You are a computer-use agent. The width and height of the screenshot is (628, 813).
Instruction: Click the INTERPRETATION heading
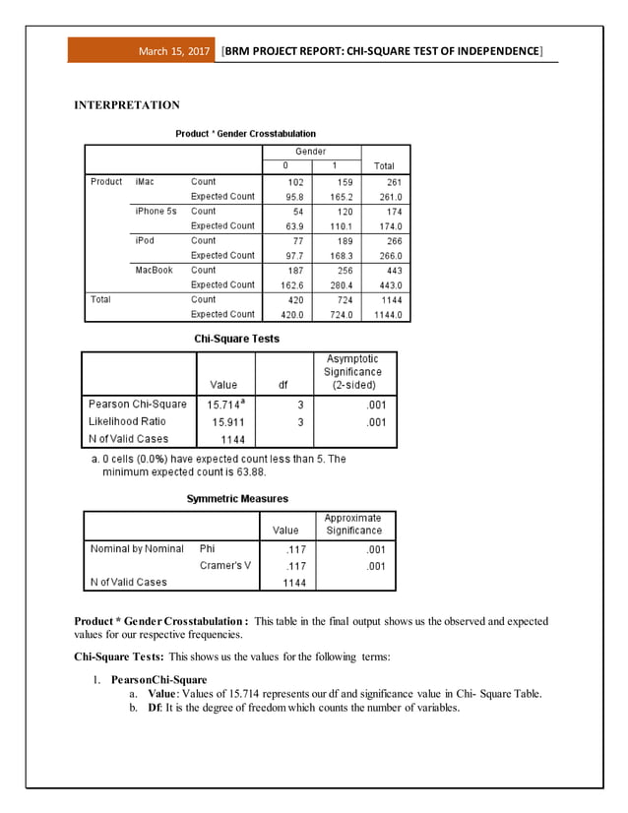tap(127, 105)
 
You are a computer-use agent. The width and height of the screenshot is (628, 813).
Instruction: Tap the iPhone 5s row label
tap(157, 211)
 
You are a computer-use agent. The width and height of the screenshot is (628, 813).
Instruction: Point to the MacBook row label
tap(154, 270)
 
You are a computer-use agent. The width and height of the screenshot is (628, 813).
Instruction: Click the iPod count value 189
tap(343, 240)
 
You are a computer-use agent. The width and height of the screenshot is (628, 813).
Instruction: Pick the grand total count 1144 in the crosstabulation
tap(392, 299)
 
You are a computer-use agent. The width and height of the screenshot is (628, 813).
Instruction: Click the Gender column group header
tap(311, 152)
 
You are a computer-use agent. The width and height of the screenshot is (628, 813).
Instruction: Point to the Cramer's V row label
tap(224, 566)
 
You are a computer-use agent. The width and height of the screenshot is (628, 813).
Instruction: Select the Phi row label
tap(208, 549)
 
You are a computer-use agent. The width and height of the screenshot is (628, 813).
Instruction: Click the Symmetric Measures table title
tap(237, 499)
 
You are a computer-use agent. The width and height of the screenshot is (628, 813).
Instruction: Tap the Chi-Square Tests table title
tap(237, 339)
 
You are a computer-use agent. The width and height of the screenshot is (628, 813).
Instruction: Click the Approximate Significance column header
tap(352, 524)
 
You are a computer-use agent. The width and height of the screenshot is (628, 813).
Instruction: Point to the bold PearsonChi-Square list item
tap(158, 680)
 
